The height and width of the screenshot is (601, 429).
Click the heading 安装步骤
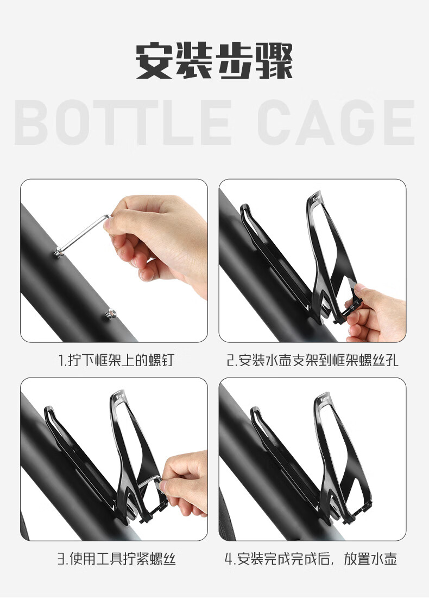214,61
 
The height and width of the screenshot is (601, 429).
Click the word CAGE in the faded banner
336,122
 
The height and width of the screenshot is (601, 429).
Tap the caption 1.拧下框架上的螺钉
116,360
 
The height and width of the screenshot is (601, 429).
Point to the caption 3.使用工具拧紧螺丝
117,559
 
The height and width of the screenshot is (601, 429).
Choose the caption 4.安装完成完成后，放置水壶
311,559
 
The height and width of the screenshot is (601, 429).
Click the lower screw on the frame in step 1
111,314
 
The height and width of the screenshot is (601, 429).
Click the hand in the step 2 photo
376,312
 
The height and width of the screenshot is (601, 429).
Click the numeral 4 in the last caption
229,559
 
